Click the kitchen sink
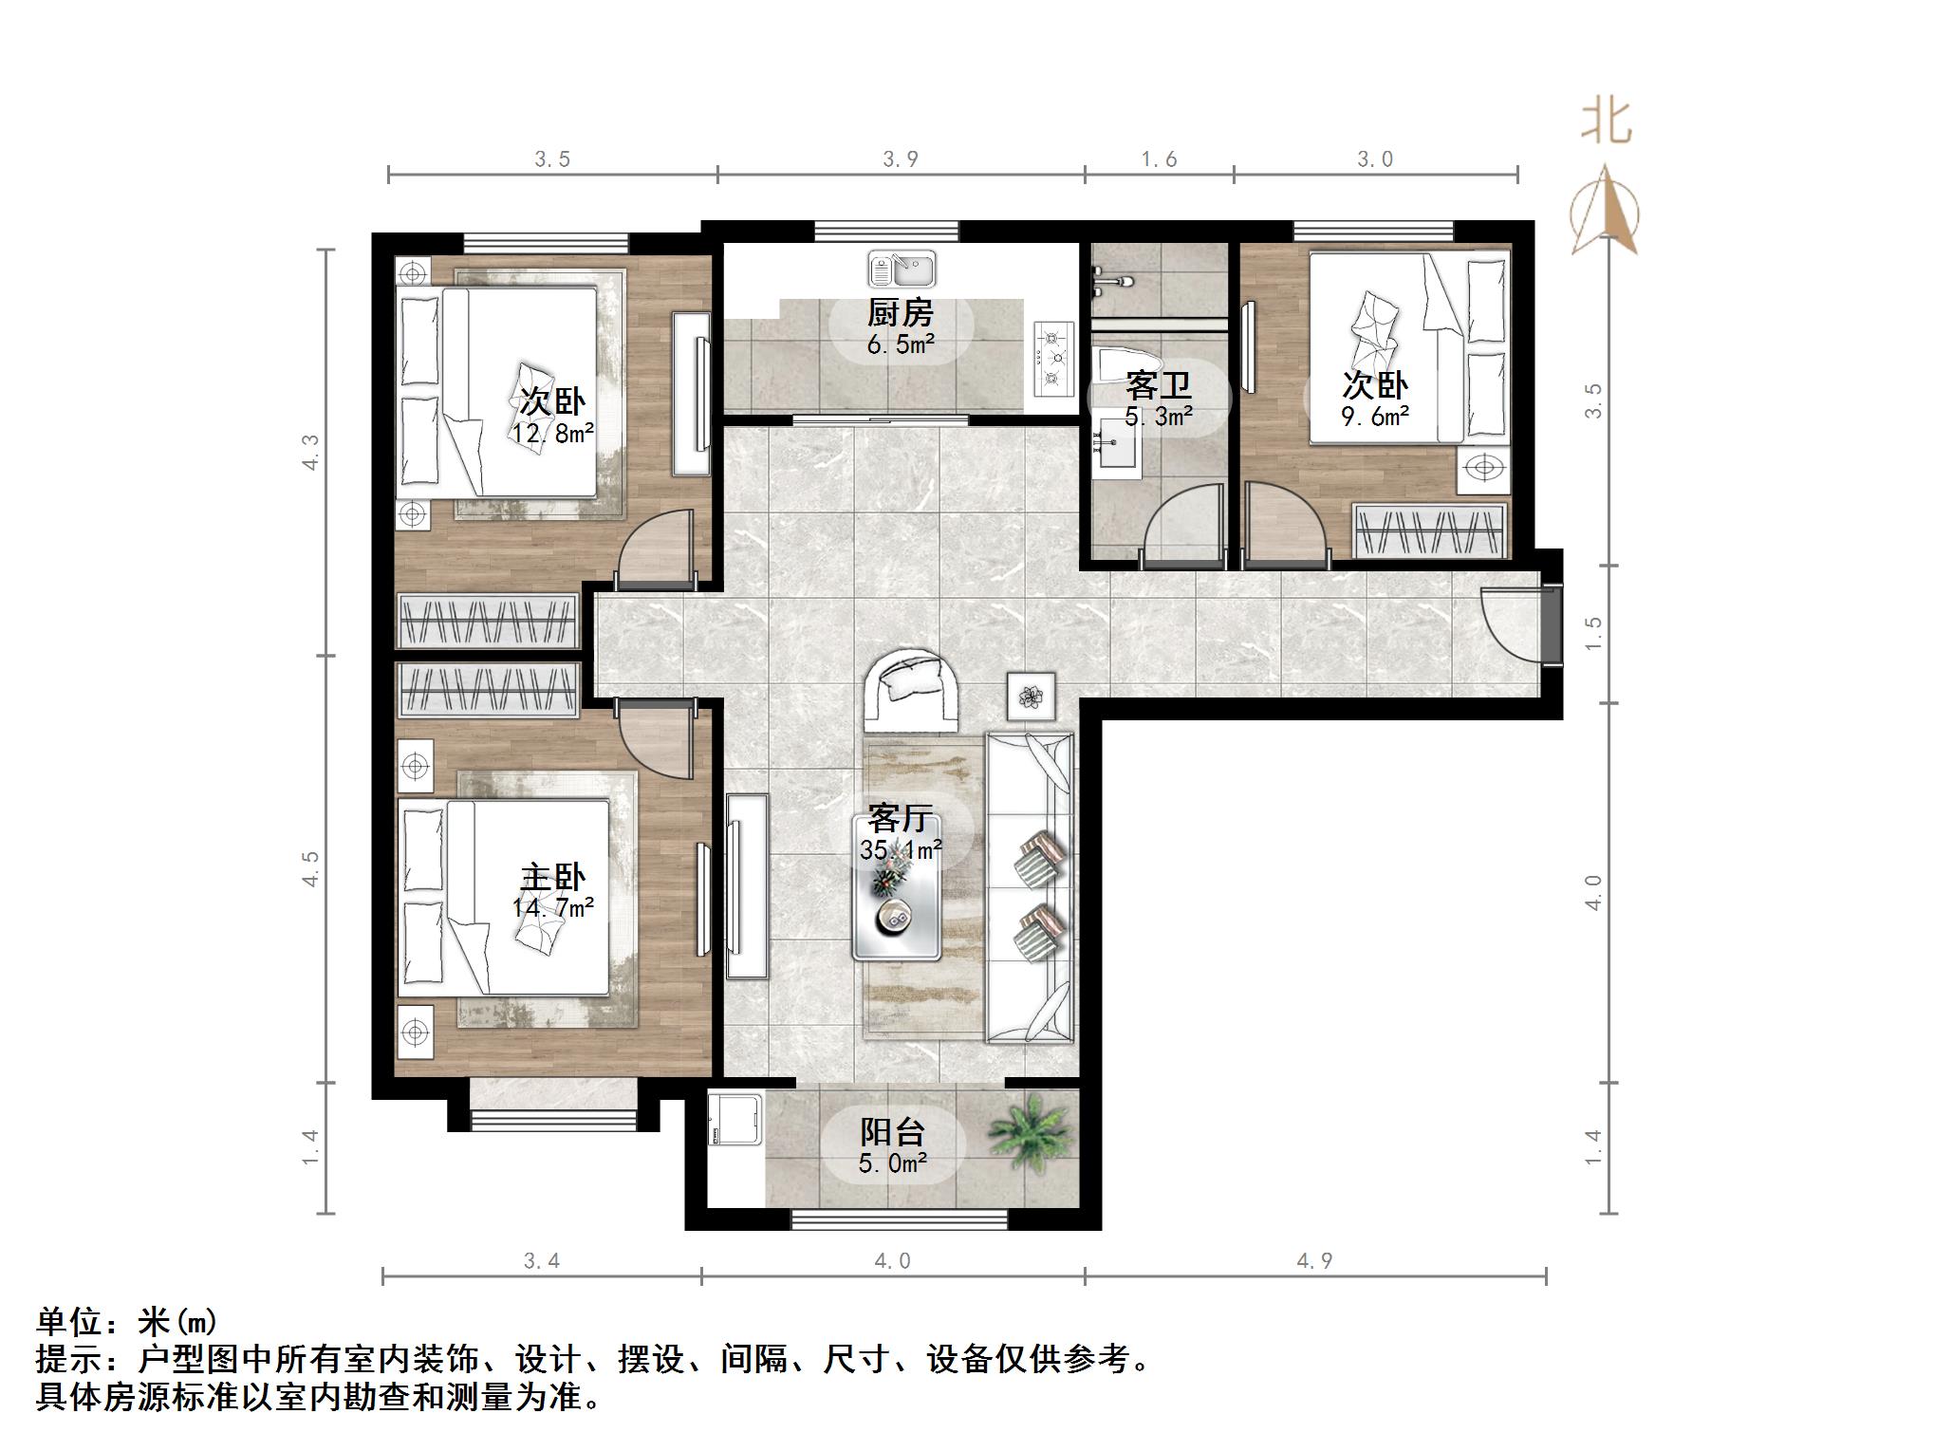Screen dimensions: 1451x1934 901,270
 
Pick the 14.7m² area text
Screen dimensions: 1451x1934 552,908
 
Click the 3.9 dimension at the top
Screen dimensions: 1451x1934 900,159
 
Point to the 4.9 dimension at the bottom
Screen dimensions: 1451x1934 1314,1260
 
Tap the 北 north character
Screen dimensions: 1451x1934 1606,123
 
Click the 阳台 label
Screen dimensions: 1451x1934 892,1131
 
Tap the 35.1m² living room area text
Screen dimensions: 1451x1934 901,850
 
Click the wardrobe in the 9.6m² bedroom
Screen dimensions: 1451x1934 1430,531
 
